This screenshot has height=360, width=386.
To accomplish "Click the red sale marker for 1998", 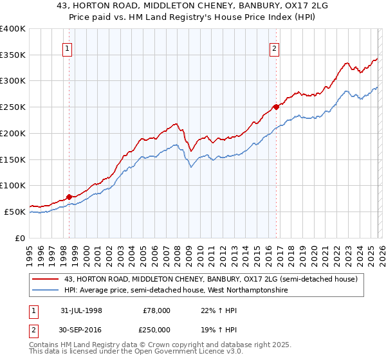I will [x=69, y=197].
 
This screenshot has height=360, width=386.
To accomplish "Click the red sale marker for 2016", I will [x=276, y=107].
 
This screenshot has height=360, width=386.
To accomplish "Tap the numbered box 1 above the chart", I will [x=68, y=48].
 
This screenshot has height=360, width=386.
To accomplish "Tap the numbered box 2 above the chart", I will [x=274, y=48].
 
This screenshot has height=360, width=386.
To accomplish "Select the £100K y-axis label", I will [x=13, y=185].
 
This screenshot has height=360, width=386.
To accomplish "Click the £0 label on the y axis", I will [x=19, y=238].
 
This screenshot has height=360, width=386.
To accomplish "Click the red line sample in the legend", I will [x=46, y=279].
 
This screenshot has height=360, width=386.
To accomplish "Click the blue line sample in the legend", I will [x=46, y=291].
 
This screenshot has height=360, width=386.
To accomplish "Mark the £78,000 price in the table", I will [x=157, y=310].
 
